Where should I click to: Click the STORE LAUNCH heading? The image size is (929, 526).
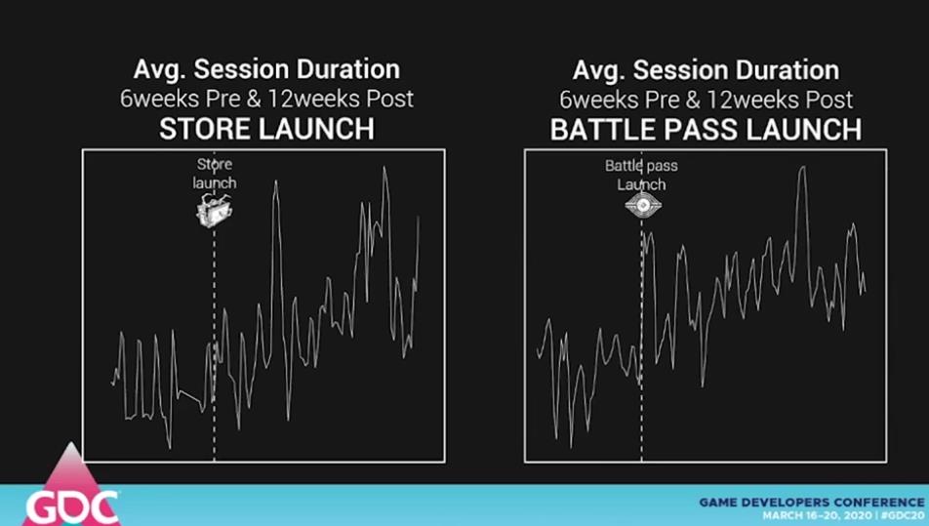[x=266, y=129]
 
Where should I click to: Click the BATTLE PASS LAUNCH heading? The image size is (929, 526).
[x=706, y=130]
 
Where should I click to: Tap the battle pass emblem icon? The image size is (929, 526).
[x=643, y=204]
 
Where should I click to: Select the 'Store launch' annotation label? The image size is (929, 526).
[x=215, y=173]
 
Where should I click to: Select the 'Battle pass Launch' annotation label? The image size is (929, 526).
[x=642, y=175]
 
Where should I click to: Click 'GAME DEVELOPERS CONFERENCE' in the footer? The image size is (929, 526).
[x=812, y=503]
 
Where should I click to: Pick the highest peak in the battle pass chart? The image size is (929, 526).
[x=803, y=168]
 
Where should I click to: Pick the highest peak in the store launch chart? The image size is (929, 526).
[x=384, y=168]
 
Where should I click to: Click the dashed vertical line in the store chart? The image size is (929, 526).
[x=215, y=344]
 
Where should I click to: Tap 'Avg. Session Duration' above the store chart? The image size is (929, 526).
[x=266, y=68]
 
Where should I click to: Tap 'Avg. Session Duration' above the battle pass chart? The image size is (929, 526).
[x=706, y=70]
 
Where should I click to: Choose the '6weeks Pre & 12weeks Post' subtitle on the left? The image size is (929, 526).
[x=266, y=99]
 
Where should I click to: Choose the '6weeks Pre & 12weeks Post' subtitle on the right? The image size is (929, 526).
[x=706, y=100]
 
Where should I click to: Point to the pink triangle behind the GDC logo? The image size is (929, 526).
[x=71, y=474]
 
